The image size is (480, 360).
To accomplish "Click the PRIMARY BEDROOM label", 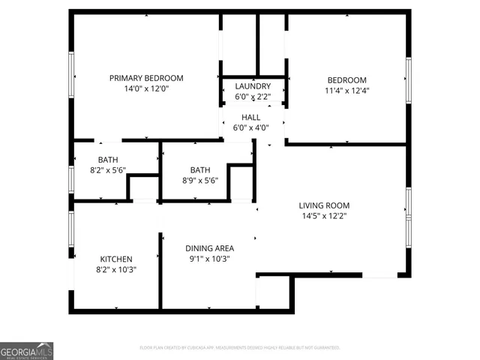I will (146, 78).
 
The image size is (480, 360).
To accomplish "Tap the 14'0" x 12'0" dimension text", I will (146, 89).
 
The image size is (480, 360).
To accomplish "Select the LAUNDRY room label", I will (253, 86).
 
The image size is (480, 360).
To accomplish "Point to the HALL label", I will (250, 117).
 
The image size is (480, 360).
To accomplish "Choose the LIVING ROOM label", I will (324, 205).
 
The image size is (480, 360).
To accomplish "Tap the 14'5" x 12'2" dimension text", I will (324, 217).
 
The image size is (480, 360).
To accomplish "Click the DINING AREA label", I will (209, 248).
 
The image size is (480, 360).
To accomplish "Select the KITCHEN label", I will (116, 258).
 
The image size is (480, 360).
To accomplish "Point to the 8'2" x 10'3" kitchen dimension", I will (116, 269).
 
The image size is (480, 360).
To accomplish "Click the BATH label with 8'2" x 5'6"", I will (108, 159).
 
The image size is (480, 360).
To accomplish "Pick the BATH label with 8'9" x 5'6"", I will (200, 169).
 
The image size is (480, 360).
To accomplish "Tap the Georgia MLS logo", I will (26, 351).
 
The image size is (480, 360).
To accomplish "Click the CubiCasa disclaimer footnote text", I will (240, 348).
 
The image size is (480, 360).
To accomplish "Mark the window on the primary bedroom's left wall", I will (72, 76).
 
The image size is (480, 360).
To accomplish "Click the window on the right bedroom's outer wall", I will (409, 79).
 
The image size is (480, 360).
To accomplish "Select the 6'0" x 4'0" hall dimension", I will (250, 127).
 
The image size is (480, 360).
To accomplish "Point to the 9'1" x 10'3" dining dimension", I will (209, 259).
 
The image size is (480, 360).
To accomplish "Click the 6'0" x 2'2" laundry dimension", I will (253, 97).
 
